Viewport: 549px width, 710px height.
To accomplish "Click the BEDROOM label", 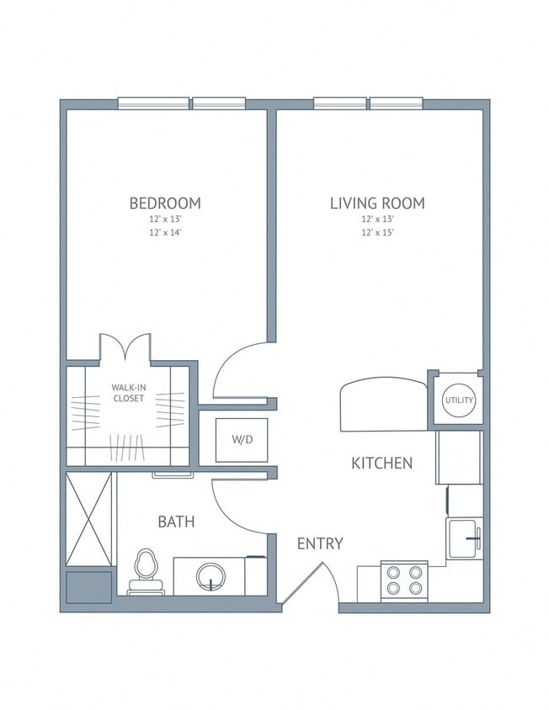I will click(164, 203).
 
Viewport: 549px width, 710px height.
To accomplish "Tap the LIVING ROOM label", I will click(376, 203).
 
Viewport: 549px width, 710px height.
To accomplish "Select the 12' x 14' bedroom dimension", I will click(164, 231).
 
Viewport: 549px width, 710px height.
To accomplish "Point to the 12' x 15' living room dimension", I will click(376, 231).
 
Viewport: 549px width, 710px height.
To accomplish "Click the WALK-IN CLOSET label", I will click(128, 393).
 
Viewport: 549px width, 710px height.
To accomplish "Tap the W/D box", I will click(241, 439).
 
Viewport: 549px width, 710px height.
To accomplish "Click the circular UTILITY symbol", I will click(459, 400).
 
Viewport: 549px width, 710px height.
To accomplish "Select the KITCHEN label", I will click(381, 463).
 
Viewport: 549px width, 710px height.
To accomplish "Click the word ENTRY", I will click(320, 543).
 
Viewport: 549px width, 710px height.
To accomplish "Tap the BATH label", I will click(176, 522).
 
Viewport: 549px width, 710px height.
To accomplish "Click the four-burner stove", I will click(403, 580).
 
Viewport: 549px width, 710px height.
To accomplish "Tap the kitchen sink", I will click(464, 538).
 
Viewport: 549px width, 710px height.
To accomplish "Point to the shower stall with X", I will click(88, 519).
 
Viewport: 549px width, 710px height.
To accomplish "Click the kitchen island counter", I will click(383, 405).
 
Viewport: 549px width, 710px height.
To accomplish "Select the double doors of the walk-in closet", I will click(125, 348).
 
